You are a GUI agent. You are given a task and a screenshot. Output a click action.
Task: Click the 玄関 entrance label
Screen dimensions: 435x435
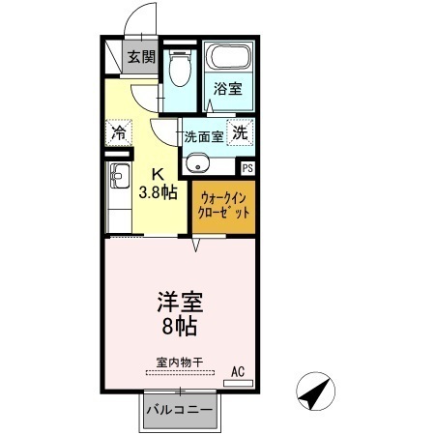point(141,57)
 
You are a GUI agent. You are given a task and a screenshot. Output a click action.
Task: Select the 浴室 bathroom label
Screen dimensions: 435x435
point(228,89)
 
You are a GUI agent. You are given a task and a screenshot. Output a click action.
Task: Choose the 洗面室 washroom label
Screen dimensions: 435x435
point(204,136)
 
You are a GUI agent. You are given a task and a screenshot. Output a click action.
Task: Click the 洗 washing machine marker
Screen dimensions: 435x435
point(241,134)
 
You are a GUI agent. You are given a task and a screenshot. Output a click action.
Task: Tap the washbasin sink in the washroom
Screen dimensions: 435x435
point(199,162)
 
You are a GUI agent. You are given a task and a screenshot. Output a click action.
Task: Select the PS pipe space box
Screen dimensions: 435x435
point(247,168)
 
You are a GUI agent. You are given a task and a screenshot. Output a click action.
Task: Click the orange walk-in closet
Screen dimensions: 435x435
point(222,207)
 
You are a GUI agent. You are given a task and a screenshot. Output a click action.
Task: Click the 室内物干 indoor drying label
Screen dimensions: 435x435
point(179,362)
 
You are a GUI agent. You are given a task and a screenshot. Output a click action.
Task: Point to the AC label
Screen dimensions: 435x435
point(238,370)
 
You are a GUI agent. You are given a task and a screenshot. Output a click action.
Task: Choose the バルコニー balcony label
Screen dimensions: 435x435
point(180,410)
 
